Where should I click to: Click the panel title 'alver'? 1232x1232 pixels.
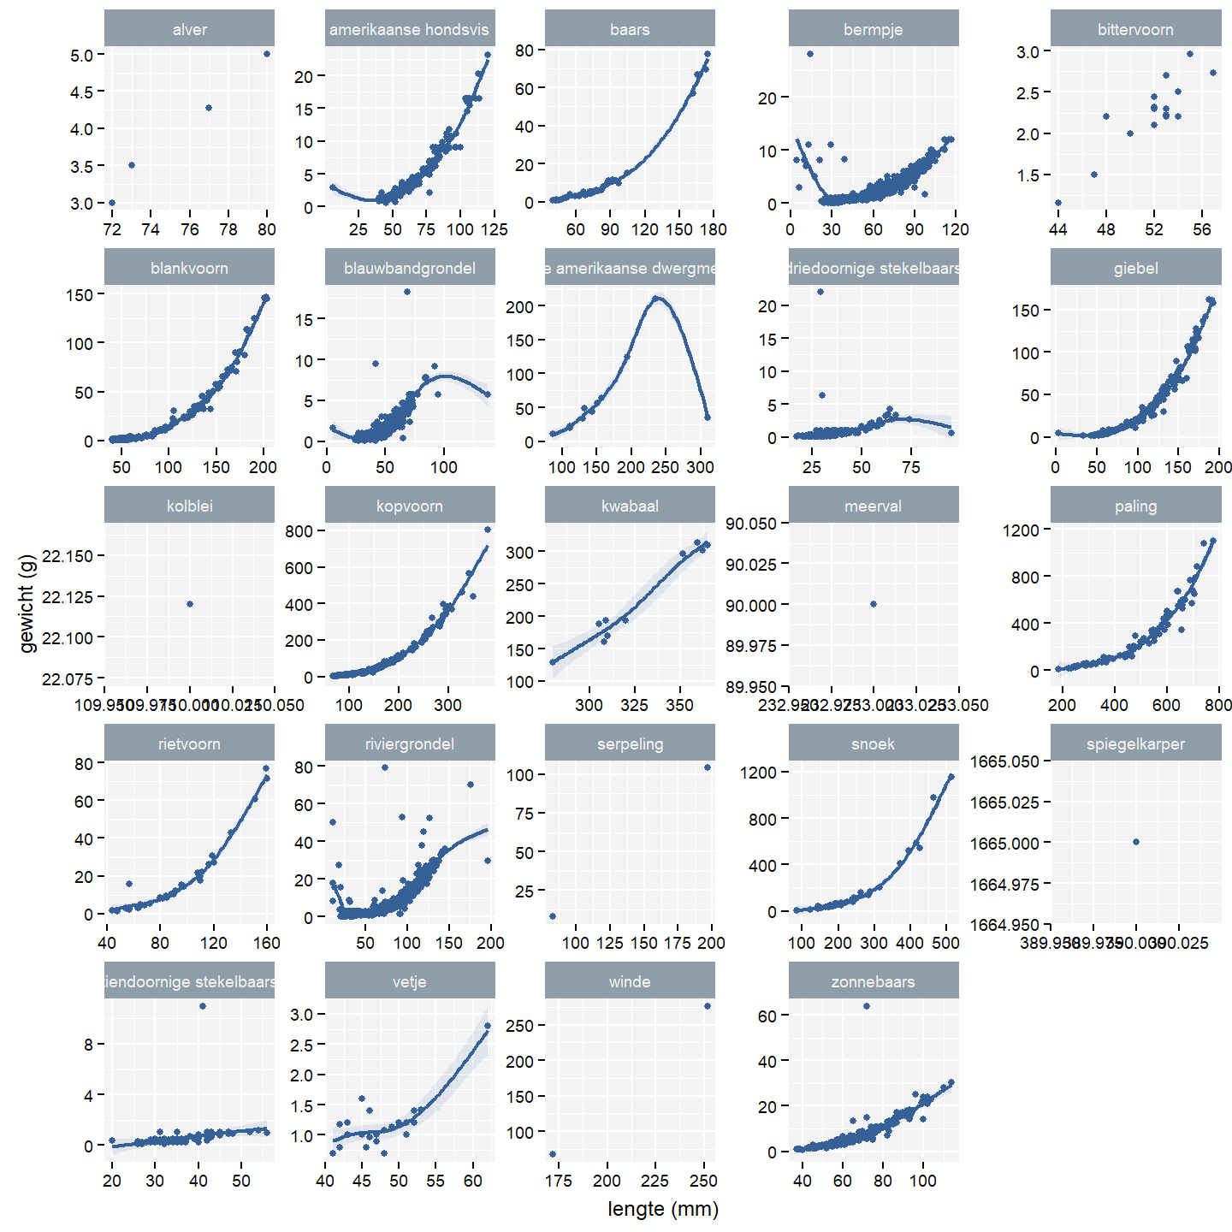[189, 29]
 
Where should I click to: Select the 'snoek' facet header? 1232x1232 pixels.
[873, 743]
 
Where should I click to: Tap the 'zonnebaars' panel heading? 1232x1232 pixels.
[873, 981]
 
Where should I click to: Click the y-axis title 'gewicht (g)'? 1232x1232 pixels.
[27, 603]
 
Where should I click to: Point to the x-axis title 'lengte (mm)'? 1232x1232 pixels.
[663, 1209]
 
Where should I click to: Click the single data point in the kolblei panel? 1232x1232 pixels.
[190, 604]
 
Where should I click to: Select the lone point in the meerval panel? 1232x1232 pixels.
[874, 604]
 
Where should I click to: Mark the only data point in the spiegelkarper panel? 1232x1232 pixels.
[1136, 842]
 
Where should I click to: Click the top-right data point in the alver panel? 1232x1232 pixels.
[267, 54]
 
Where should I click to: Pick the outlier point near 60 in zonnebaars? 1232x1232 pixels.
[867, 1006]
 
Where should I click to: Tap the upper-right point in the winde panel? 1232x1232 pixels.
[708, 1006]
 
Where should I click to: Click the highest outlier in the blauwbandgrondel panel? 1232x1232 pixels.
[407, 292]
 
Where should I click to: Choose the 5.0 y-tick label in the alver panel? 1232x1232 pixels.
[86, 55]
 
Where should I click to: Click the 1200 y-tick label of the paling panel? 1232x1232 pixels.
[1021, 530]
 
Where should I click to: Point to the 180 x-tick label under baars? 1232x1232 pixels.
[714, 229]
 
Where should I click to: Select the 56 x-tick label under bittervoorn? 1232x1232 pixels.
[1202, 229]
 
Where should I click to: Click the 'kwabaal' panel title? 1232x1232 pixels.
[630, 506]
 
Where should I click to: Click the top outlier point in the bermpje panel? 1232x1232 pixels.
[810, 54]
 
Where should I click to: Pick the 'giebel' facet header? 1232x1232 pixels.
[1135, 268]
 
